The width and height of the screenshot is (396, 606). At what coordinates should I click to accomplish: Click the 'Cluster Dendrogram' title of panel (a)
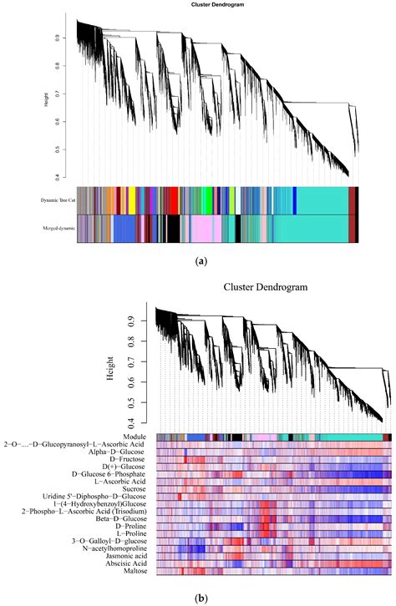[205, 7]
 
